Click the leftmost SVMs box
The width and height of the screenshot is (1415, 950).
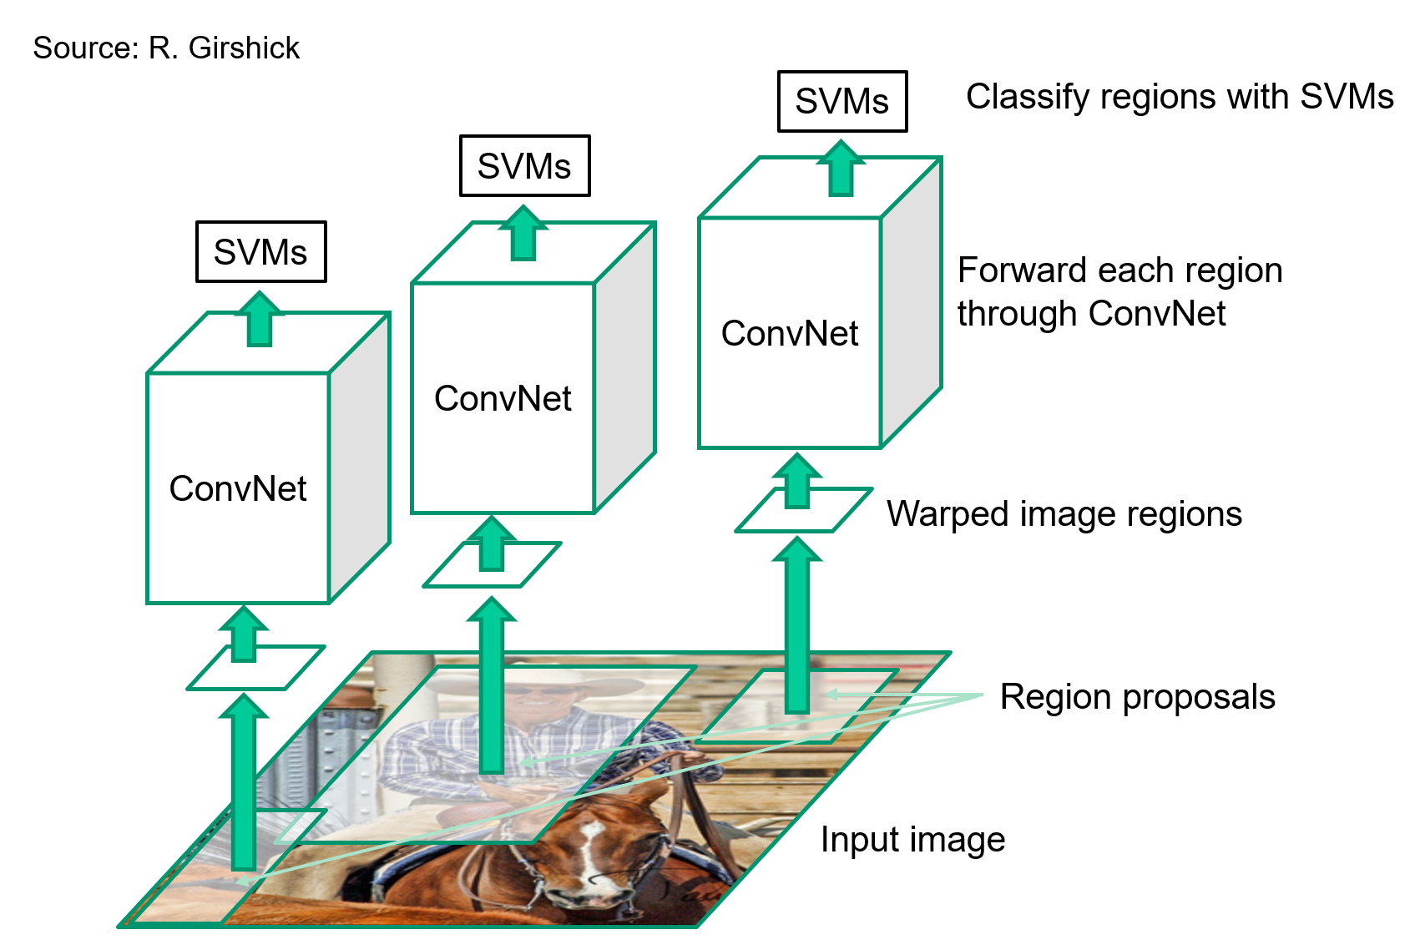point(260,252)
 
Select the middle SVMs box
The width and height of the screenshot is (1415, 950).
point(524,166)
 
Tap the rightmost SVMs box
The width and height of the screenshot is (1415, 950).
point(841,102)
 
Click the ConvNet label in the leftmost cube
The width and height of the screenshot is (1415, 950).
point(238,489)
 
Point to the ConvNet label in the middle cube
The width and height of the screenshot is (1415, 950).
point(503,399)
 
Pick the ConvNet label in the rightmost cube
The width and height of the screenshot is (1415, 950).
point(789,334)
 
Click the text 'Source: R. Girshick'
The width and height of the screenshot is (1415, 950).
point(165,48)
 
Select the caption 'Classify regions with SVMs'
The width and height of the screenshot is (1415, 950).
point(1179,97)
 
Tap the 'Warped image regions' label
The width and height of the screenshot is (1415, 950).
point(1064,514)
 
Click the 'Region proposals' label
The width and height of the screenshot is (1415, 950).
point(1137,697)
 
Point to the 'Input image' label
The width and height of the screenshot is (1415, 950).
point(912,840)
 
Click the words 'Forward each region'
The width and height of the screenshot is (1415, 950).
point(1119,270)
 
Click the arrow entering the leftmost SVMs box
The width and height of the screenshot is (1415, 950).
point(260,319)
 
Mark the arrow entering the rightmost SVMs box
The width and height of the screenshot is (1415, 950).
point(841,169)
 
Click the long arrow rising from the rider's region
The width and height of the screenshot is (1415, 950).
point(492,685)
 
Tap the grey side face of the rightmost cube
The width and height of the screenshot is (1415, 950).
point(912,301)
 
